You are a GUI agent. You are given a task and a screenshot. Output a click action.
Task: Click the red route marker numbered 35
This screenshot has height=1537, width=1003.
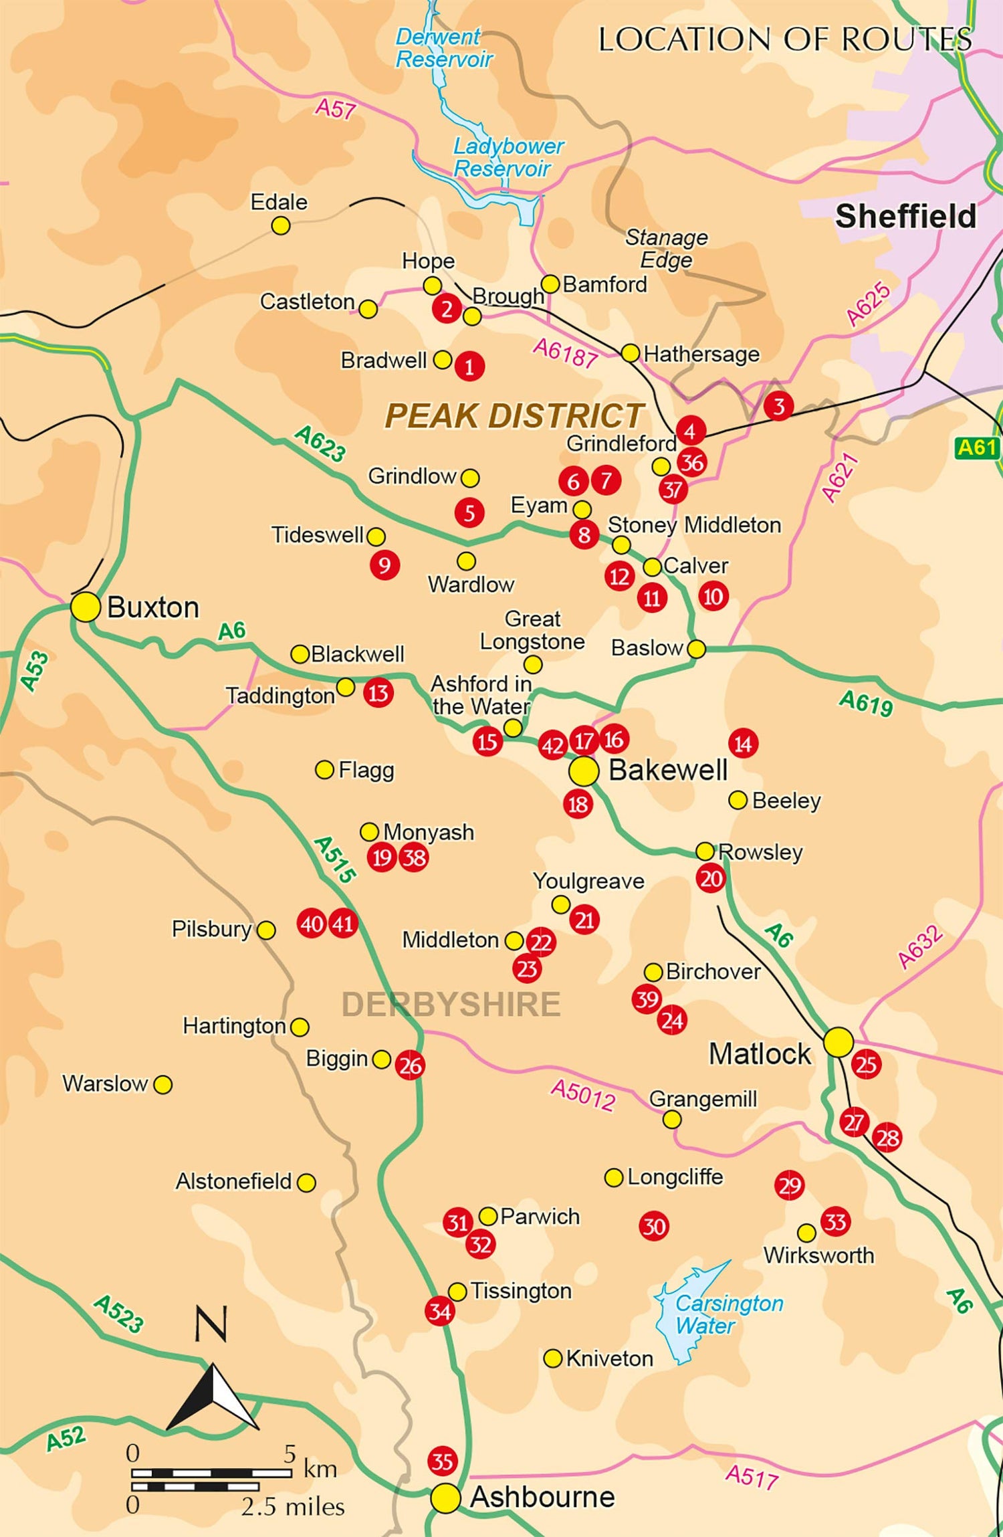pyautogui.click(x=442, y=1461)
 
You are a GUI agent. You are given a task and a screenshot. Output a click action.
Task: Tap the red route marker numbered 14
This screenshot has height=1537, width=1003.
pyautogui.click(x=743, y=743)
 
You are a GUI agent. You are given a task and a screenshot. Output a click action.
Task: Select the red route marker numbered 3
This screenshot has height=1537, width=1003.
pyautogui.click(x=778, y=406)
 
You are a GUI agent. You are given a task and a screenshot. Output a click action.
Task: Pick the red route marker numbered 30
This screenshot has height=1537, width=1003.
pyautogui.click(x=653, y=1226)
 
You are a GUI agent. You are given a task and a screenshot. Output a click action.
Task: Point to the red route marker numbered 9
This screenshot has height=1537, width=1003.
pyautogui.click(x=384, y=565)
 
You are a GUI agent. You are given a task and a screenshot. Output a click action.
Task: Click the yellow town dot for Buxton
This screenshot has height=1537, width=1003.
pyautogui.click(x=86, y=607)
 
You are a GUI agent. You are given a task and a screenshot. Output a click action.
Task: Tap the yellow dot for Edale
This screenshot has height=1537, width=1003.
pyautogui.click(x=281, y=226)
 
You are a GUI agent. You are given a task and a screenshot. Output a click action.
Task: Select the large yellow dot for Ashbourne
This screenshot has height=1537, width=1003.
pyautogui.click(x=445, y=1498)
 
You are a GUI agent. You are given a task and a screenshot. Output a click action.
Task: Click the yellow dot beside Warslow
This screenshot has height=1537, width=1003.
pyautogui.click(x=162, y=1085)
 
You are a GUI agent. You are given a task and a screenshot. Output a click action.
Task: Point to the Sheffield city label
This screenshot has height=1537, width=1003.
pyautogui.click(x=905, y=217)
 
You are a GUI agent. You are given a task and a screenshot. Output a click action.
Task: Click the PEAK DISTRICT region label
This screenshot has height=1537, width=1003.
pyautogui.click(x=514, y=415)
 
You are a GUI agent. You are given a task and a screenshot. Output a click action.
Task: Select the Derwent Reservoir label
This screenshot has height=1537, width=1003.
pyautogui.click(x=443, y=48)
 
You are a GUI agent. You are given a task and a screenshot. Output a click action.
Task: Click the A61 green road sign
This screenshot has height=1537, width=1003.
pyautogui.click(x=977, y=447)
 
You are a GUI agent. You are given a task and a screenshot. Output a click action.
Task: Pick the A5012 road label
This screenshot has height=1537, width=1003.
pyautogui.click(x=583, y=1096)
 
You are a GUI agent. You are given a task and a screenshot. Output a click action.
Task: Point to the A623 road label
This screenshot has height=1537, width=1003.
pyautogui.click(x=320, y=443)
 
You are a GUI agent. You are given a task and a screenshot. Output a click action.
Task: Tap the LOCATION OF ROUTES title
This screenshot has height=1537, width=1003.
pyautogui.click(x=784, y=40)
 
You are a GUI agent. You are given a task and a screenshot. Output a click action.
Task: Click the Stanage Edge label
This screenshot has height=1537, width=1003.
pyautogui.click(x=666, y=248)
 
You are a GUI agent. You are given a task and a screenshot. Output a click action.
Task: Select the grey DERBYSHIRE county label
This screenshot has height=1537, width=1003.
pyautogui.click(x=451, y=1005)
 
